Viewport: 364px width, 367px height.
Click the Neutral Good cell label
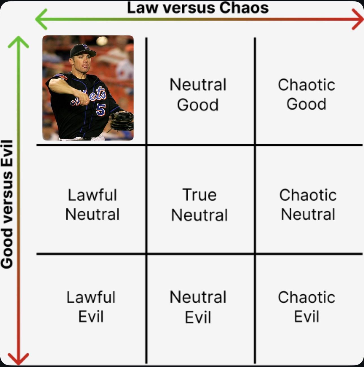click(x=198, y=95)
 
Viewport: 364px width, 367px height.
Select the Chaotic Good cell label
click(x=306, y=94)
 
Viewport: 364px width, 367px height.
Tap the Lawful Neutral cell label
click(x=92, y=205)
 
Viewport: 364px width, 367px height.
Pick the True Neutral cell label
click(x=199, y=205)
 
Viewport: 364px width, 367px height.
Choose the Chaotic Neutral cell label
click(x=308, y=205)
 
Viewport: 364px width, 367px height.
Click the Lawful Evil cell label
click(x=91, y=307)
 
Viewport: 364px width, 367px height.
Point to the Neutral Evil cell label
click(x=198, y=307)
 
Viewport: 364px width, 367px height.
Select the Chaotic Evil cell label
click(x=306, y=307)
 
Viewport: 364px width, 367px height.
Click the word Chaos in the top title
click(x=244, y=8)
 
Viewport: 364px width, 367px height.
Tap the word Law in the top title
click(x=142, y=8)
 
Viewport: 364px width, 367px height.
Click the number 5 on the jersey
click(x=101, y=110)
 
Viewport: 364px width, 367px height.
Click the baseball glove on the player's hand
click(x=122, y=121)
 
